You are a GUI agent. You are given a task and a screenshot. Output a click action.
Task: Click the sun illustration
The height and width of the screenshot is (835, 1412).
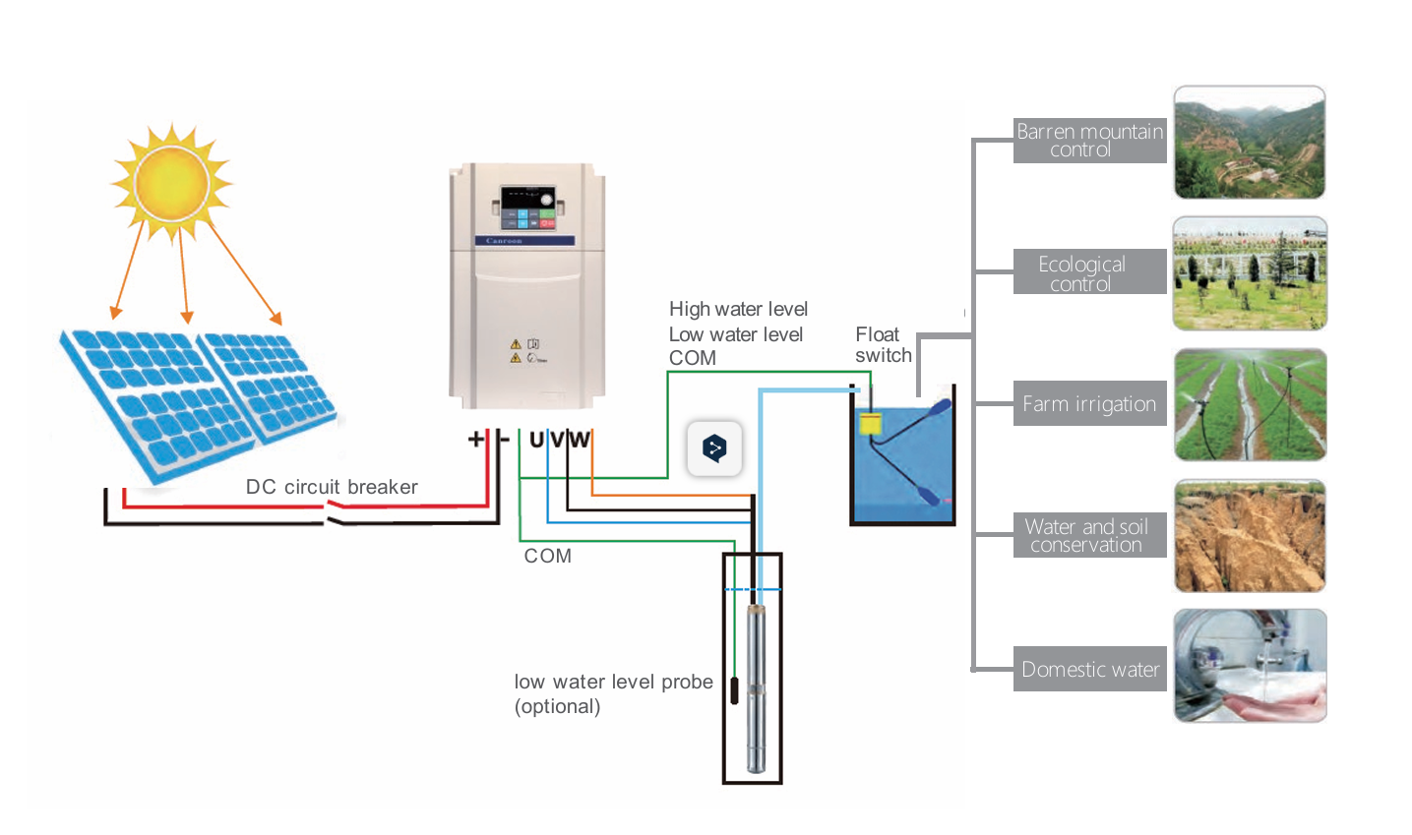click(x=171, y=183)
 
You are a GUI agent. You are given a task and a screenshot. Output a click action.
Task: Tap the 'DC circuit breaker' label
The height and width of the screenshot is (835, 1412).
click(x=332, y=487)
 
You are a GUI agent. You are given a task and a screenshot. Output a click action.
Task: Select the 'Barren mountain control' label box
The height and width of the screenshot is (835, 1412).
click(x=1089, y=141)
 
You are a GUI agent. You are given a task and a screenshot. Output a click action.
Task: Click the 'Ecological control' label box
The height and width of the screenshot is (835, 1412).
click(x=1089, y=272)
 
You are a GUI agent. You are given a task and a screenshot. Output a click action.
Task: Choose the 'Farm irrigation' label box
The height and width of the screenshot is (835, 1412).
click(x=1089, y=404)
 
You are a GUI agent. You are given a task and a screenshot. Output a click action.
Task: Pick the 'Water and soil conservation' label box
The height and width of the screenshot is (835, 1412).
click(x=1089, y=535)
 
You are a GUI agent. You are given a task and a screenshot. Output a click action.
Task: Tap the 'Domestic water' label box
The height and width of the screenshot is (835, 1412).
click(x=1089, y=669)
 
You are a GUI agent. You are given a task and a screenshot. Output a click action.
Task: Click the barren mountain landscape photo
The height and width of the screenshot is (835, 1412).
click(x=1250, y=143)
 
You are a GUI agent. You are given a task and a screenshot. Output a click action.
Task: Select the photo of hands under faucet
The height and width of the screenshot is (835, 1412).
click(x=1250, y=666)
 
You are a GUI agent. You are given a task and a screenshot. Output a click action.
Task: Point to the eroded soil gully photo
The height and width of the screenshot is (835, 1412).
click(x=1250, y=536)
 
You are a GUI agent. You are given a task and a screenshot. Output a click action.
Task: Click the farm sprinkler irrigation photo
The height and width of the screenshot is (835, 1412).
click(x=1250, y=404)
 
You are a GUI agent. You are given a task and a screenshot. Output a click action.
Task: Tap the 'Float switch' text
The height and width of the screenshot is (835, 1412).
click(x=883, y=345)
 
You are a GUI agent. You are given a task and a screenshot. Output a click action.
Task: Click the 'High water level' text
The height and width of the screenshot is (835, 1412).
click(x=738, y=309)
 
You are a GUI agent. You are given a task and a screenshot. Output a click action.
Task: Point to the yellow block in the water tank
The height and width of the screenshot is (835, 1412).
click(x=870, y=424)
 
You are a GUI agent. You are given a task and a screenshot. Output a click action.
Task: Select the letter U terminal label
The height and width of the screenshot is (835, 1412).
click(x=536, y=440)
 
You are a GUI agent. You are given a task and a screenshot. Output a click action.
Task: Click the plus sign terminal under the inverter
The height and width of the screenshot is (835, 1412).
click(x=476, y=439)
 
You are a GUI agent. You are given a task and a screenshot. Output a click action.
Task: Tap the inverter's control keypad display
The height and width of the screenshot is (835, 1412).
click(x=527, y=209)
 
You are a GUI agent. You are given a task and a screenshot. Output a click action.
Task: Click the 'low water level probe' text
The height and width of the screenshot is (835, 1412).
click(x=613, y=683)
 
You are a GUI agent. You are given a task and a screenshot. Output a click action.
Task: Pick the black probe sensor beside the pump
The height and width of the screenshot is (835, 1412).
click(x=734, y=689)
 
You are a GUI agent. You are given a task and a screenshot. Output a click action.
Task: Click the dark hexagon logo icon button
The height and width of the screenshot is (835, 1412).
click(x=714, y=448)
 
